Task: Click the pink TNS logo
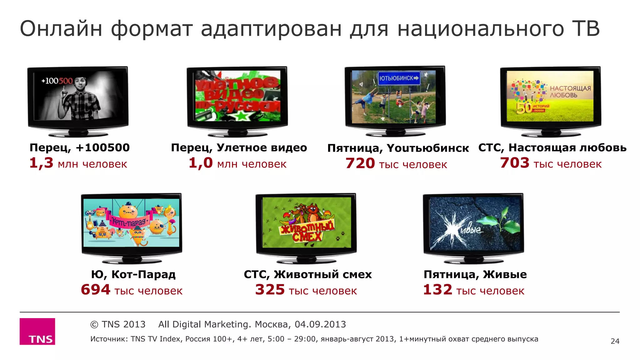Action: point(37,331)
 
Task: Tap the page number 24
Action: point(615,341)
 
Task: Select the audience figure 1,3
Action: point(42,163)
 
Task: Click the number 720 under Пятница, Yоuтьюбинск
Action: point(360,163)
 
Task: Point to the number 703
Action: point(514,163)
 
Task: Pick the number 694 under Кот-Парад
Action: point(96,290)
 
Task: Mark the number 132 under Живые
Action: point(437,290)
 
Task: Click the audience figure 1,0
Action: point(201,163)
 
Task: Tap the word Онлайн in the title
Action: point(61,29)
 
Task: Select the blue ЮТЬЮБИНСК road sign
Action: point(399,78)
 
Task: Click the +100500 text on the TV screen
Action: point(57,81)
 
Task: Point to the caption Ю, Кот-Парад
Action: point(133,274)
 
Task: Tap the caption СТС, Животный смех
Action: point(308,274)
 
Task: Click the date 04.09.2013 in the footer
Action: point(320,324)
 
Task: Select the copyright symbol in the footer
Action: point(94,325)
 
